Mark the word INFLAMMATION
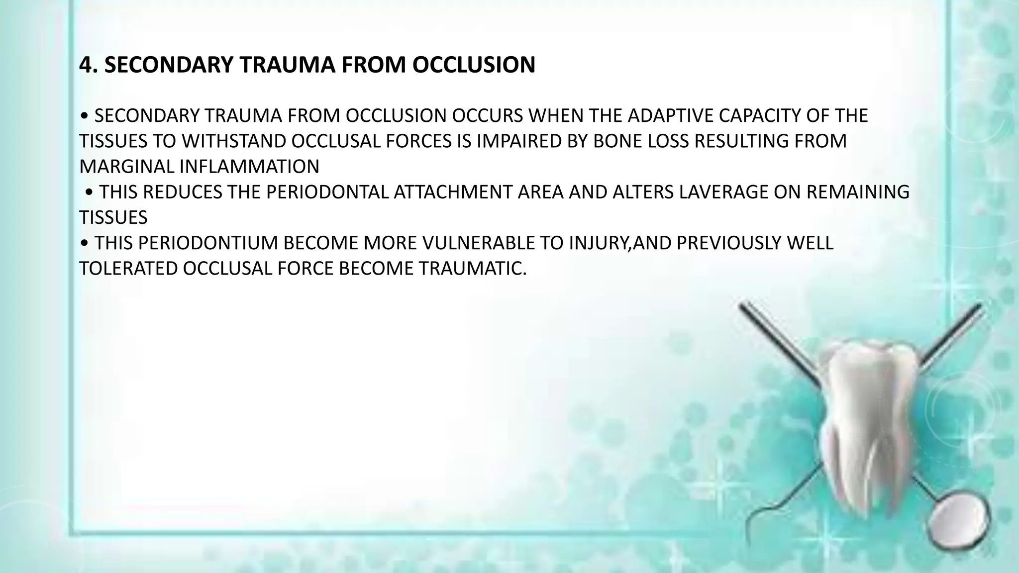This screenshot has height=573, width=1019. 249,167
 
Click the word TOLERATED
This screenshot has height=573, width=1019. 128,269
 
